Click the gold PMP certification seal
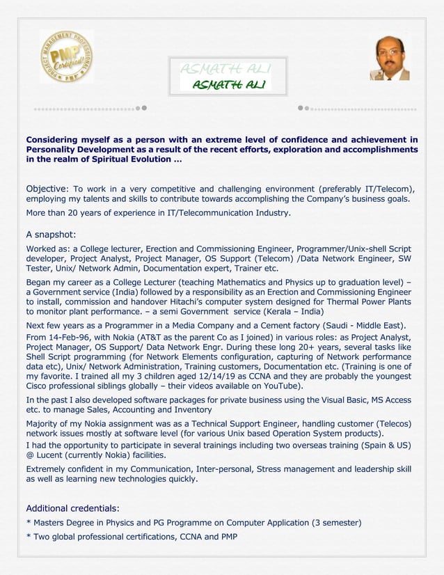(x=67, y=56)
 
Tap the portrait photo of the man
(x=390, y=58)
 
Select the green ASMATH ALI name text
(x=227, y=85)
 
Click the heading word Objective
(x=47, y=189)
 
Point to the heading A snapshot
(x=51, y=235)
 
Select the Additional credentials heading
(x=72, y=507)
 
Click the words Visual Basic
(x=333, y=400)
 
